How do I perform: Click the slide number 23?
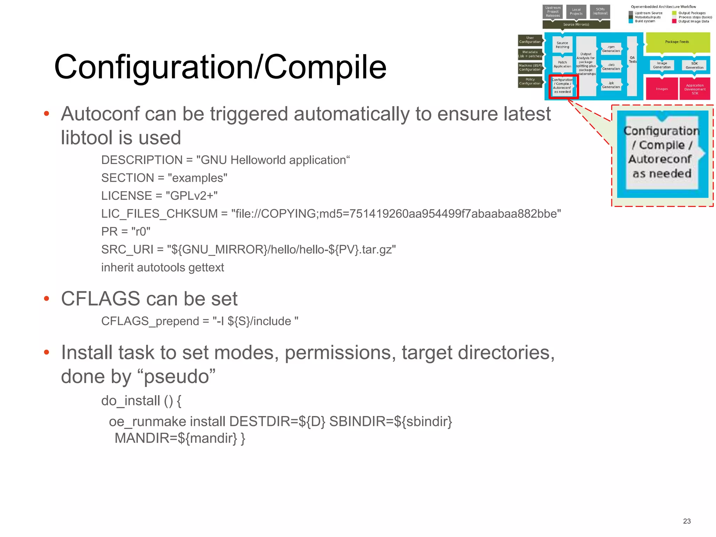pos(687,521)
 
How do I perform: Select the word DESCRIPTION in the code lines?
pos(142,160)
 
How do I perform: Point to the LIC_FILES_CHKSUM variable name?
pos(159,214)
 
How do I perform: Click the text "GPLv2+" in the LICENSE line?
pos(192,196)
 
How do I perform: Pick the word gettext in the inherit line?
pos(206,267)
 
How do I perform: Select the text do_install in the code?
pos(131,401)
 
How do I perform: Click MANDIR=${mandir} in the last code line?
pos(176,438)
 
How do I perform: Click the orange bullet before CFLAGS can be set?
pos(46,299)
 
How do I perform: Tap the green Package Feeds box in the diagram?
pos(677,42)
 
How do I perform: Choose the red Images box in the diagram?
pos(661,89)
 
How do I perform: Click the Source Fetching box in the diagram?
pos(562,45)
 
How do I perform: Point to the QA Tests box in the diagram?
pos(632,60)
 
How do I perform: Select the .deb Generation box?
pos(611,67)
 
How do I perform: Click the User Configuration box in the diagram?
pos(530,40)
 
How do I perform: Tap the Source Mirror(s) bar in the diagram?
pos(576,24)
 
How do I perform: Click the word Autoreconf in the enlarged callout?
pos(659,159)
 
